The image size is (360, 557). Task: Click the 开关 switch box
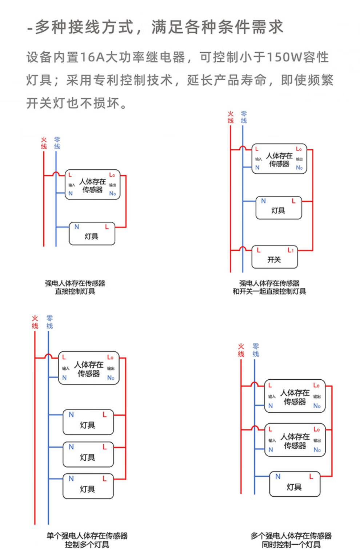pos(274,257)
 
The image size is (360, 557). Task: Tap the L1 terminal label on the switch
pos(290,250)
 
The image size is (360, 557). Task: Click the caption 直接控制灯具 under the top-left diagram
pos(75,291)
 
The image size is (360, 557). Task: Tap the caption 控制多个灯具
pos(87,545)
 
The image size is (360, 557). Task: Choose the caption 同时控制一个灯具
pos(291,545)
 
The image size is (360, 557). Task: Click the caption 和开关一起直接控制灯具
pos(269,291)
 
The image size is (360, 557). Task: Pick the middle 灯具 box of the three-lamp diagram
pos(88,455)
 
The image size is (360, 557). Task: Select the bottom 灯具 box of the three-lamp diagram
pos(88,486)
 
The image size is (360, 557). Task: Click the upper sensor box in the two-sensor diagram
pos(295,396)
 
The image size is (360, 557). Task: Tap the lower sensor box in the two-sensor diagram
pos(295,440)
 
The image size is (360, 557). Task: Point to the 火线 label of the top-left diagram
pos(44,143)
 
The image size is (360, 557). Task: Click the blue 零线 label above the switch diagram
pos(244,117)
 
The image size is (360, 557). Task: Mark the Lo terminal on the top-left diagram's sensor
pos(112,175)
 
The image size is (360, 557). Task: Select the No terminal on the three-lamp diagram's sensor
pos(111,378)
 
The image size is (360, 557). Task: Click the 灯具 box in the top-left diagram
pos(92,234)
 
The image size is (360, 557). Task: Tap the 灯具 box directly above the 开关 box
pos(279,208)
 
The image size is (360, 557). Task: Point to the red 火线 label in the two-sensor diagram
pos(241,350)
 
